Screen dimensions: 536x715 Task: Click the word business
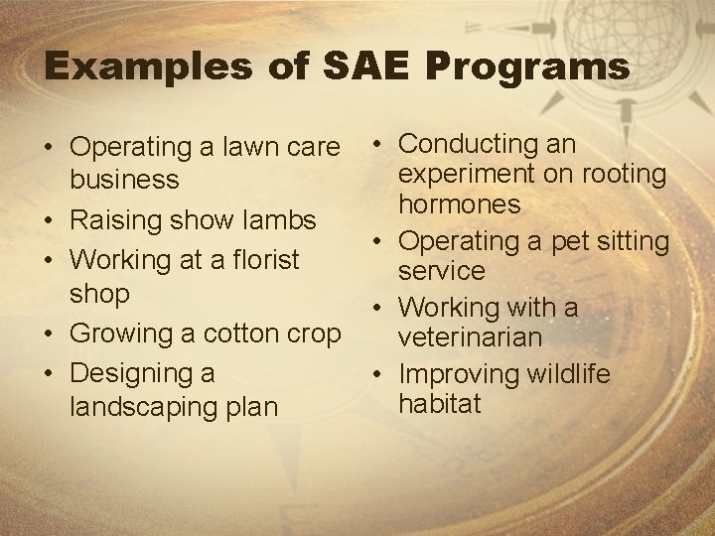point(124,181)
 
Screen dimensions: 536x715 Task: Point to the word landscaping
point(145,407)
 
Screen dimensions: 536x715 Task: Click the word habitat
point(439,404)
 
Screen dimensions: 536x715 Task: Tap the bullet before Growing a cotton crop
point(48,335)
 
